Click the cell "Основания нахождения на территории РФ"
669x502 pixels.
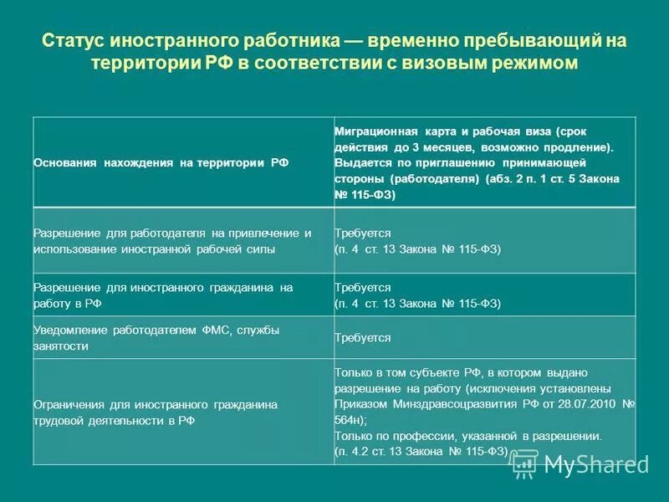pyautogui.click(x=161, y=163)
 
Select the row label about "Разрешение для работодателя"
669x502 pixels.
pyautogui.click(x=172, y=241)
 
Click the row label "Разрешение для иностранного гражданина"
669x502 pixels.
pyautogui.click(x=163, y=295)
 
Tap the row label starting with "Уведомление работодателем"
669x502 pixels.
pyautogui.click(x=156, y=337)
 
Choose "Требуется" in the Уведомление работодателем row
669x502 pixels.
pyautogui.click(x=363, y=338)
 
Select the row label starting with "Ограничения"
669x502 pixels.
pyautogui.click(x=156, y=412)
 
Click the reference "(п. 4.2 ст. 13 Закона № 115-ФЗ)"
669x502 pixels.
pyautogui.click(x=421, y=452)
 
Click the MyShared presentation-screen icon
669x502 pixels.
pyautogui.click(x=524, y=463)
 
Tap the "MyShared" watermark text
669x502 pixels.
pyautogui.click(x=595, y=464)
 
